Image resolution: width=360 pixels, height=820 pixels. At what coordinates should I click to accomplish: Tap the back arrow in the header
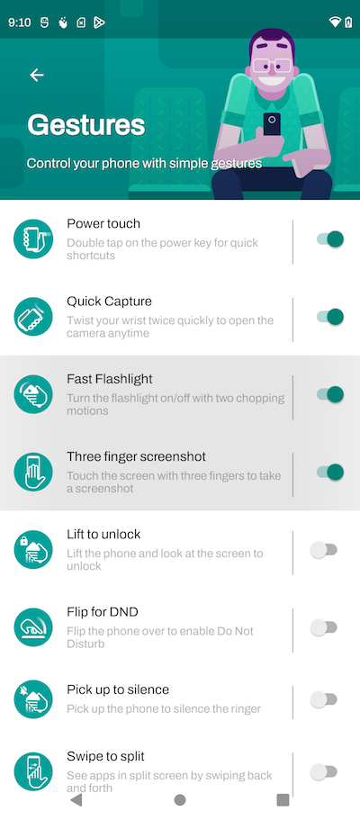pos(37,76)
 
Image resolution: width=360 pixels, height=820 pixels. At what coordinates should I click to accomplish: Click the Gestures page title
pos(85,125)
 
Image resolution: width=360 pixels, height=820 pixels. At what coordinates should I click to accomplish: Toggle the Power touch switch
pos(329,239)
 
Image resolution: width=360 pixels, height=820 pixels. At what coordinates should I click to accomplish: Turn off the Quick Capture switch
pos(329,317)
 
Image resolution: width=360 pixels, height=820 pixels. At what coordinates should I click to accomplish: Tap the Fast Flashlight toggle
pos(329,394)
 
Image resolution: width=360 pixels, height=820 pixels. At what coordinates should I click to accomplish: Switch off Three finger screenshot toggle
pos(329,472)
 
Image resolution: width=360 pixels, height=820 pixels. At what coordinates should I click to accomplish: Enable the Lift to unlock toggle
pos(324,550)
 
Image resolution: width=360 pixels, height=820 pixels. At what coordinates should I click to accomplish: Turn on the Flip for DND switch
pos(324,627)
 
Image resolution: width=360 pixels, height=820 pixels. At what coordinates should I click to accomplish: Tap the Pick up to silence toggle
pos(324,699)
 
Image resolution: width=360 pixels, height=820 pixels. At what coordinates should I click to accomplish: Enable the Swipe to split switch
pos(324,771)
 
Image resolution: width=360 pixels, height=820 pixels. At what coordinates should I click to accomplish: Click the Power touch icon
pos(33,239)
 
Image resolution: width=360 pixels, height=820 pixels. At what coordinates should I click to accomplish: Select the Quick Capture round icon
pos(33,317)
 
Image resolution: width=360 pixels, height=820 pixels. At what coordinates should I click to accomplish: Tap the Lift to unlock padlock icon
pos(33,550)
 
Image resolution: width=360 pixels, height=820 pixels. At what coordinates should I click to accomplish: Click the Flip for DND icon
pos(33,627)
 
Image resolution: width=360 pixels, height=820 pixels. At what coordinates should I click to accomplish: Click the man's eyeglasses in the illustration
pos(271,67)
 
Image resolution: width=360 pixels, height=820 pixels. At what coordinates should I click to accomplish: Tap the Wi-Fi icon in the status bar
pos(335,22)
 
